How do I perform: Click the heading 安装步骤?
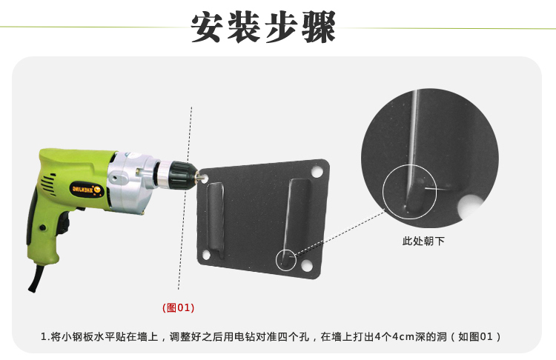click(x=263, y=27)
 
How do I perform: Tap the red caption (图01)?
click(x=179, y=307)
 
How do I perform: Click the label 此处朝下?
click(x=423, y=241)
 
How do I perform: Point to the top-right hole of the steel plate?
click(x=317, y=172)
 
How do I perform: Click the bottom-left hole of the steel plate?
click(x=206, y=255)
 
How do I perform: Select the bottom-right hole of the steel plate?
click(x=306, y=266)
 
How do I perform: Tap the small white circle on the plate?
click(x=286, y=260)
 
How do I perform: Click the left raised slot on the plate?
click(x=216, y=220)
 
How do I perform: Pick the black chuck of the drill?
click(x=181, y=175)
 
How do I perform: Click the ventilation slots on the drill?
click(x=48, y=184)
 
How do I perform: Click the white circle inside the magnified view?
click(x=409, y=191)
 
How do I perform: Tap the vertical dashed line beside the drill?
click(x=185, y=198)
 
